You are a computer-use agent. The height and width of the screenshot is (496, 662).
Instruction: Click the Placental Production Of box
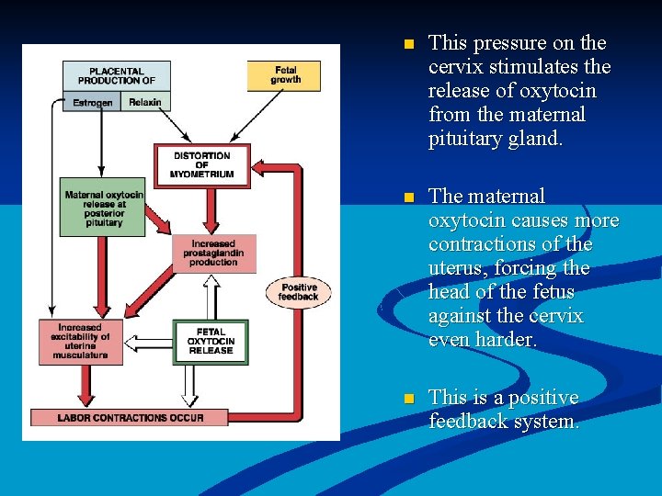(x=117, y=75)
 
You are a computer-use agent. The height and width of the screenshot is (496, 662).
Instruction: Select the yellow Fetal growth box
(x=285, y=75)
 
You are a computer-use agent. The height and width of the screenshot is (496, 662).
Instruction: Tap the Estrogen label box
(x=92, y=103)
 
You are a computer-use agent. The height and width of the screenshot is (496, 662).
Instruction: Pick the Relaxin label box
(x=144, y=102)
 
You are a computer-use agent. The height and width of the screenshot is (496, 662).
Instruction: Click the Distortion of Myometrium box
(x=202, y=165)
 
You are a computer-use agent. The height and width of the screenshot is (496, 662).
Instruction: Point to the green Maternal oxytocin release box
(x=103, y=208)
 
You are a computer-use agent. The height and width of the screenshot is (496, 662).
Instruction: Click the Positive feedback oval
(x=298, y=292)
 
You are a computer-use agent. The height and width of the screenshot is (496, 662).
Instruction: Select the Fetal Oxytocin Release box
(x=211, y=342)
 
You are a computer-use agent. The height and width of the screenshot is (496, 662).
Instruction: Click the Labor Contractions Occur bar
(x=129, y=417)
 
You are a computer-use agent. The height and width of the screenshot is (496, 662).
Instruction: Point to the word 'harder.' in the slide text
(x=505, y=339)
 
